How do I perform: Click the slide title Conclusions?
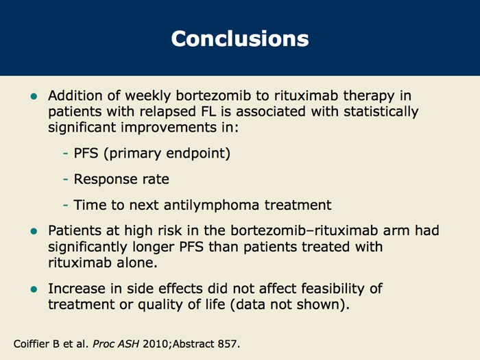pos(240,38)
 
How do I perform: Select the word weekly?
pos(148,96)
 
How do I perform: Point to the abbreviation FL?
pos(208,111)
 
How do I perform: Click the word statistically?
pos(381,112)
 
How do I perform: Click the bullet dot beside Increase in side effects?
pos(34,289)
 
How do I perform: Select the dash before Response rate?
pos(65,179)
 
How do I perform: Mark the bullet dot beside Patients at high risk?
pos(34,231)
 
